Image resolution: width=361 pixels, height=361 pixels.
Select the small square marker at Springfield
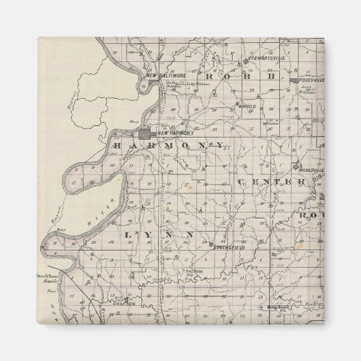point(211,244)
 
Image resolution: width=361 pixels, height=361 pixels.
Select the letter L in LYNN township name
point(127,235)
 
